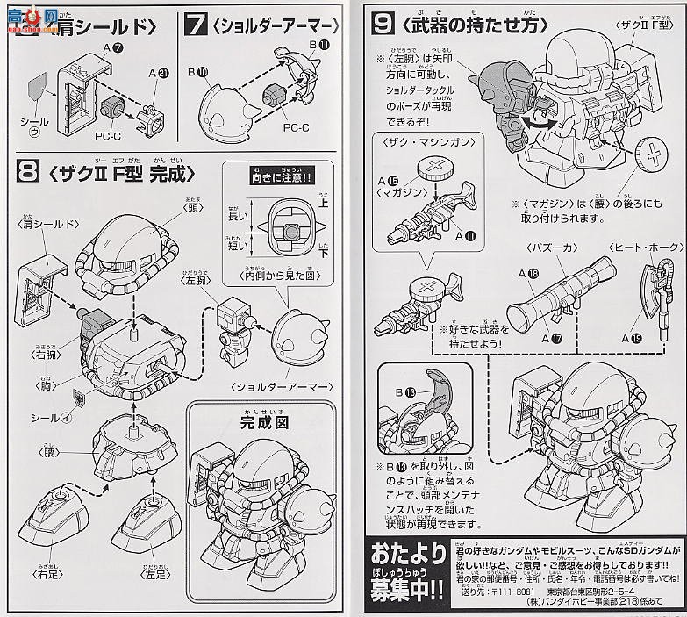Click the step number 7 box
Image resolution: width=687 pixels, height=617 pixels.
coord(195,24)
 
